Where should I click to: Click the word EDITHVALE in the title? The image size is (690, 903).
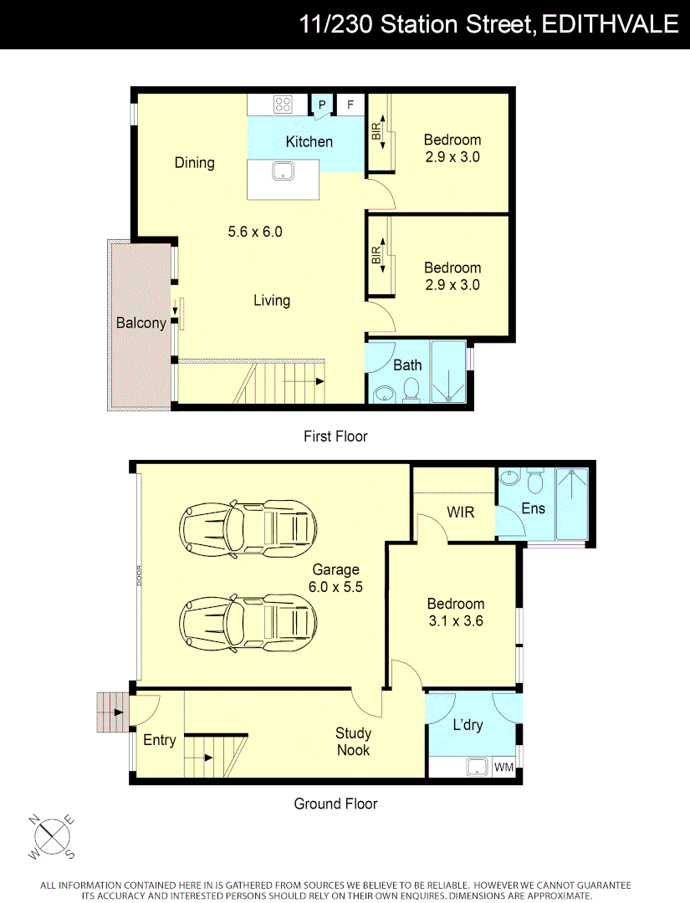(x=610, y=24)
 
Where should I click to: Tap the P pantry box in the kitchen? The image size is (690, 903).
(x=321, y=105)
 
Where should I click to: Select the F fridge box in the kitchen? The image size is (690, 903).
(x=350, y=105)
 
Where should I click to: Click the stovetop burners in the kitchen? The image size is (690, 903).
(x=283, y=105)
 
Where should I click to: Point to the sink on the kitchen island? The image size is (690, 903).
(x=283, y=172)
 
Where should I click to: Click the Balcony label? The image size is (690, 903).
(x=141, y=323)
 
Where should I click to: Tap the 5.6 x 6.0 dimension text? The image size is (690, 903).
(x=255, y=232)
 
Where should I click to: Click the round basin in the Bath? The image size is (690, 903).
(x=383, y=394)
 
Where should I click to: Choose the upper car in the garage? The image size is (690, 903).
(x=249, y=528)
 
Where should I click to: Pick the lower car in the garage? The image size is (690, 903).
(x=249, y=622)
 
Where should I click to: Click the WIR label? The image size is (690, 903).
(x=460, y=511)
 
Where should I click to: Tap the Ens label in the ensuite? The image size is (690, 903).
(x=533, y=508)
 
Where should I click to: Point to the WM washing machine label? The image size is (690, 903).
(x=503, y=767)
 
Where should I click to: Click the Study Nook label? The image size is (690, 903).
(x=353, y=742)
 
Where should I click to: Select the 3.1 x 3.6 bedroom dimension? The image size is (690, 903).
(x=456, y=621)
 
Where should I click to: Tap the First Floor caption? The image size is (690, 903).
(x=335, y=436)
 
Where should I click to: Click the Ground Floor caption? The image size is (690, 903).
(x=335, y=804)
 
